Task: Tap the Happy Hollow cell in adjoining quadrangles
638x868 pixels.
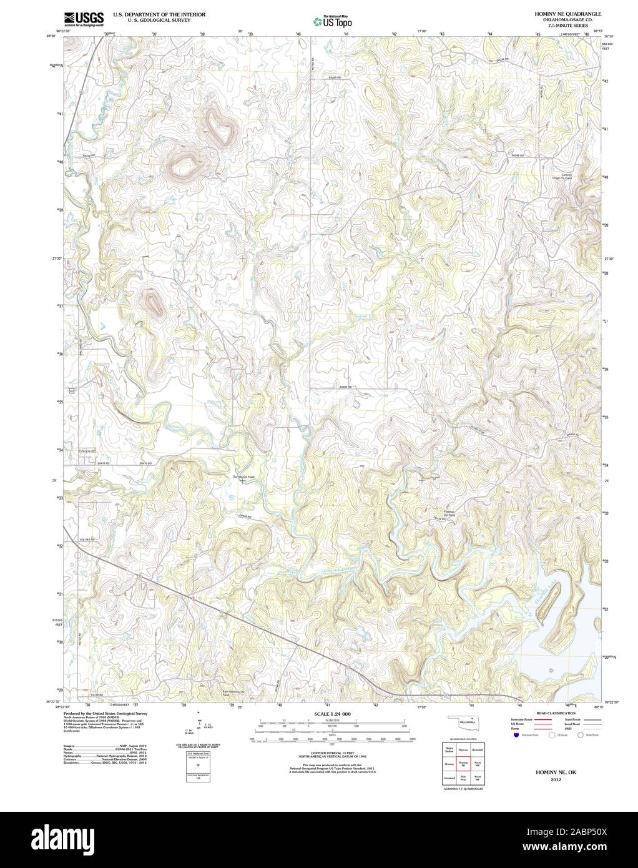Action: pos(448,748)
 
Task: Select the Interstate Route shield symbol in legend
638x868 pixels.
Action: pos(516,736)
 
